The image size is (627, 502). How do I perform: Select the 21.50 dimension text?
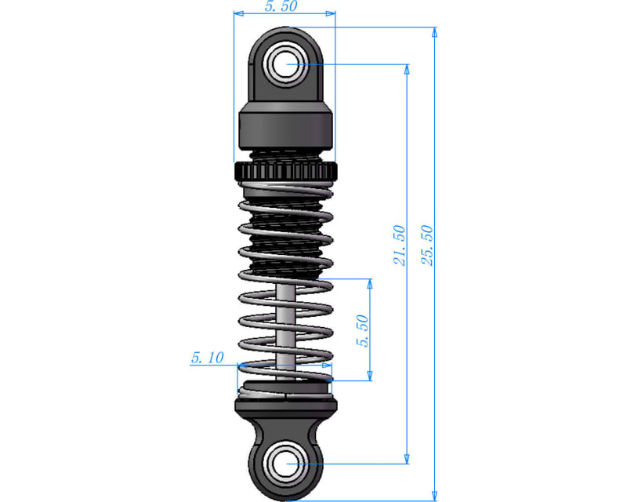coord(399,245)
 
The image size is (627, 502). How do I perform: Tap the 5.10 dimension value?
coord(207,358)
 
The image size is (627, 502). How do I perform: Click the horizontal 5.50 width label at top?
coord(281,6)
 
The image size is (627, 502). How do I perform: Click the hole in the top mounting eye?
coord(286,64)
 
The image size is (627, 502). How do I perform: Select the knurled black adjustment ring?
coord(286,171)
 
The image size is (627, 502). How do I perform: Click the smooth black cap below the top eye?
coord(285,125)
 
